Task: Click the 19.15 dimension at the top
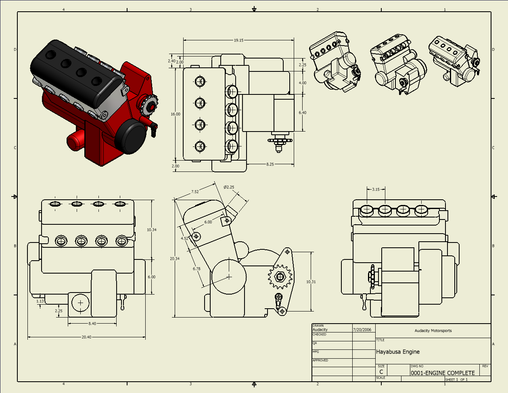click(x=238, y=40)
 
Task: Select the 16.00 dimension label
click(x=175, y=114)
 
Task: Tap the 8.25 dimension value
click(x=270, y=164)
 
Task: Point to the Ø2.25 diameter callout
click(x=229, y=187)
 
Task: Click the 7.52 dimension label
click(x=195, y=192)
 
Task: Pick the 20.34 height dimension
click(x=175, y=259)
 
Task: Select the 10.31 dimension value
click(x=311, y=282)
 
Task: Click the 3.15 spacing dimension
click(x=376, y=189)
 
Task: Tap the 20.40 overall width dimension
click(x=86, y=337)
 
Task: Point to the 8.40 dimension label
click(x=92, y=323)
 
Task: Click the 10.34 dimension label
click(x=152, y=230)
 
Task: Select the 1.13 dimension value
click(x=40, y=301)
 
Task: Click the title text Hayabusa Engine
click(x=398, y=352)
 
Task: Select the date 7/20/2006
click(x=362, y=330)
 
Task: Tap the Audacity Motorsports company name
click(x=433, y=331)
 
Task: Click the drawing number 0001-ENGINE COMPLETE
click(x=443, y=373)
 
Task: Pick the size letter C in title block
click(x=381, y=372)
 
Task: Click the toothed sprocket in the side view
click(x=280, y=277)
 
